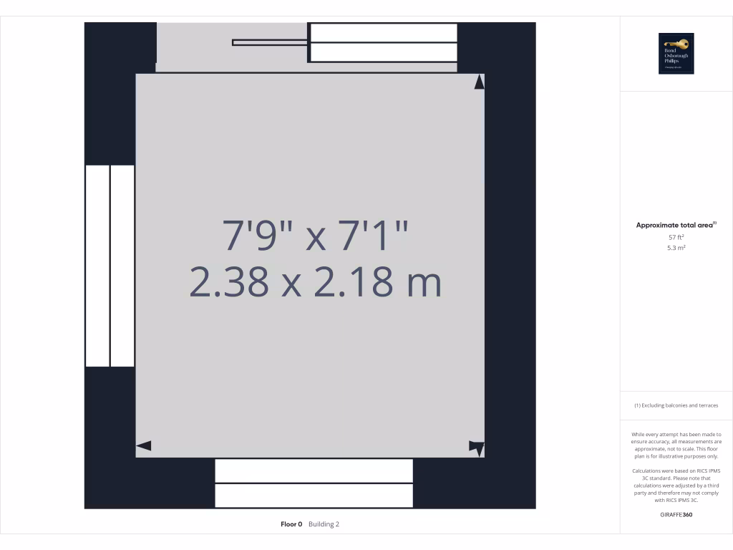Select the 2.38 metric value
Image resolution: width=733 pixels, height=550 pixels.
click(x=230, y=281)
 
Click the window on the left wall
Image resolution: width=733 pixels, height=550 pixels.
click(x=110, y=266)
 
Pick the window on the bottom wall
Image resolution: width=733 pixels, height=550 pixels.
click(x=314, y=483)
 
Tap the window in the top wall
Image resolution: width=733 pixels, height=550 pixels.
click(x=383, y=43)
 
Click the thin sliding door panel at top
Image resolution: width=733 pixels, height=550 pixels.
click(x=271, y=43)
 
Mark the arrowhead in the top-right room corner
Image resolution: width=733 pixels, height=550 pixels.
click(x=479, y=82)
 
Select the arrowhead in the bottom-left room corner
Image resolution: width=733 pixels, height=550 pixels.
click(x=143, y=445)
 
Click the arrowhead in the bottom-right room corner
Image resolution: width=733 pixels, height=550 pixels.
click(x=477, y=447)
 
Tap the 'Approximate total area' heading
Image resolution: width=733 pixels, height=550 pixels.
click(x=674, y=225)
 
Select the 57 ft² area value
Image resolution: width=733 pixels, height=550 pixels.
click(x=676, y=237)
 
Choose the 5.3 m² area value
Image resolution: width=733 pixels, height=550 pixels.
click(x=676, y=248)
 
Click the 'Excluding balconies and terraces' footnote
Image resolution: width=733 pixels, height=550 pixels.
click(x=676, y=405)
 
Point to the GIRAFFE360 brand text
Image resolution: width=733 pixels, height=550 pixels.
click(x=676, y=514)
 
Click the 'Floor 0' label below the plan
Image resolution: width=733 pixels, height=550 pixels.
click(x=292, y=524)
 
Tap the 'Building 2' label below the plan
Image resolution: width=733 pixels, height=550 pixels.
click(x=324, y=524)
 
